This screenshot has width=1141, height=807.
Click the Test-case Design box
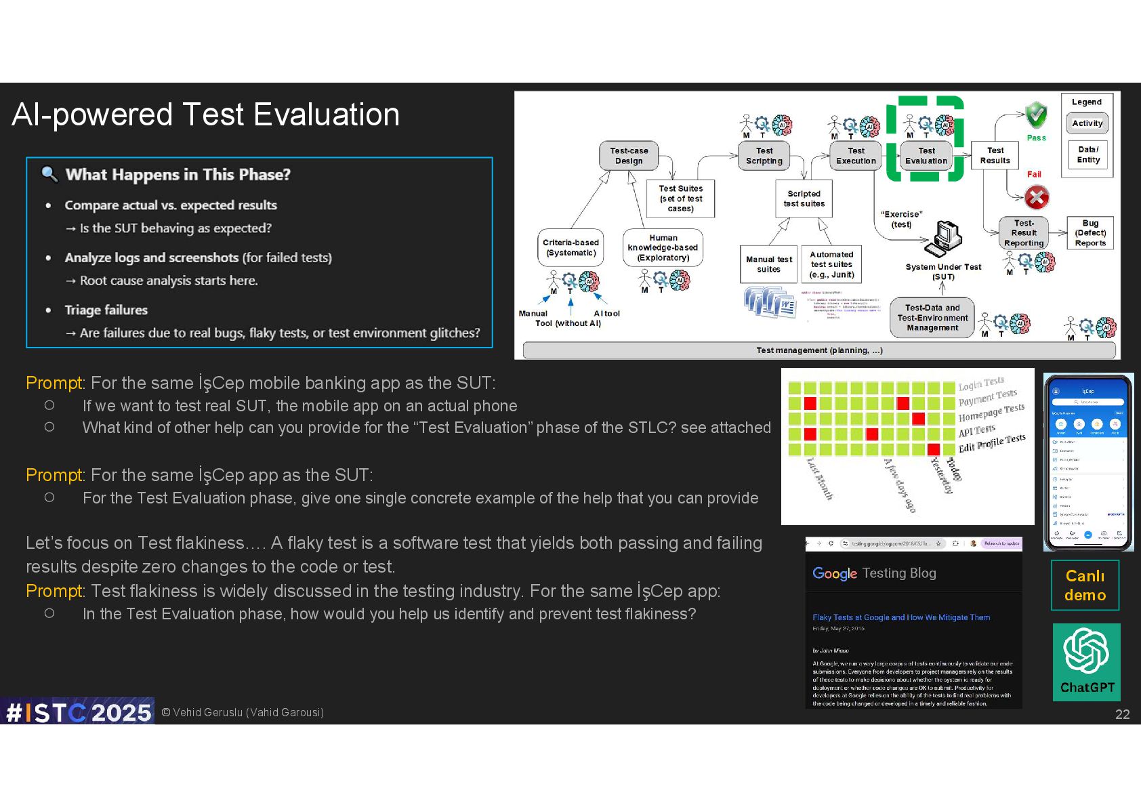click(x=629, y=156)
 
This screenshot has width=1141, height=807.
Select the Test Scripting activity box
click(x=764, y=156)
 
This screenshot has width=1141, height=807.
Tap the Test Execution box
click(x=856, y=156)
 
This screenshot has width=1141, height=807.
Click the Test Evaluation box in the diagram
click(x=926, y=156)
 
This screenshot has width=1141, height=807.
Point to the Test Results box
click(x=995, y=156)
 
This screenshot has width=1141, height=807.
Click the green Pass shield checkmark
click(x=1036, y=115)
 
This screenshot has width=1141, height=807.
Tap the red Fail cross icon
click(x=1036, y=197)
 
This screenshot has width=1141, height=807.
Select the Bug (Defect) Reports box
click(x=1090, y=233)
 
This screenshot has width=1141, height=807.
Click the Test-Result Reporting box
click(x=1024, y=233)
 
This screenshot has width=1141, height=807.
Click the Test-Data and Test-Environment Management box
click(x=932, y=318)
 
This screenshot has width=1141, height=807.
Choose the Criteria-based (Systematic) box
click(x=570, y=247)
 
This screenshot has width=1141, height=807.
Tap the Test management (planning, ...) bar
click(x=819, y=350)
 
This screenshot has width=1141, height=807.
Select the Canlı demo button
click(x=1085, y=585)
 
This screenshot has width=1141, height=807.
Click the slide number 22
click(x=1122, y=714)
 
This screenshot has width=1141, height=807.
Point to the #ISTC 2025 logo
click(x=78, y=712)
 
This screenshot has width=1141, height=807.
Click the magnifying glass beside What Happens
click(x=49, y=174)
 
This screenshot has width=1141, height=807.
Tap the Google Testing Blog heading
click(x=874, y=573)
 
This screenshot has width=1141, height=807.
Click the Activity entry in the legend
click(x=1087, y=123)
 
